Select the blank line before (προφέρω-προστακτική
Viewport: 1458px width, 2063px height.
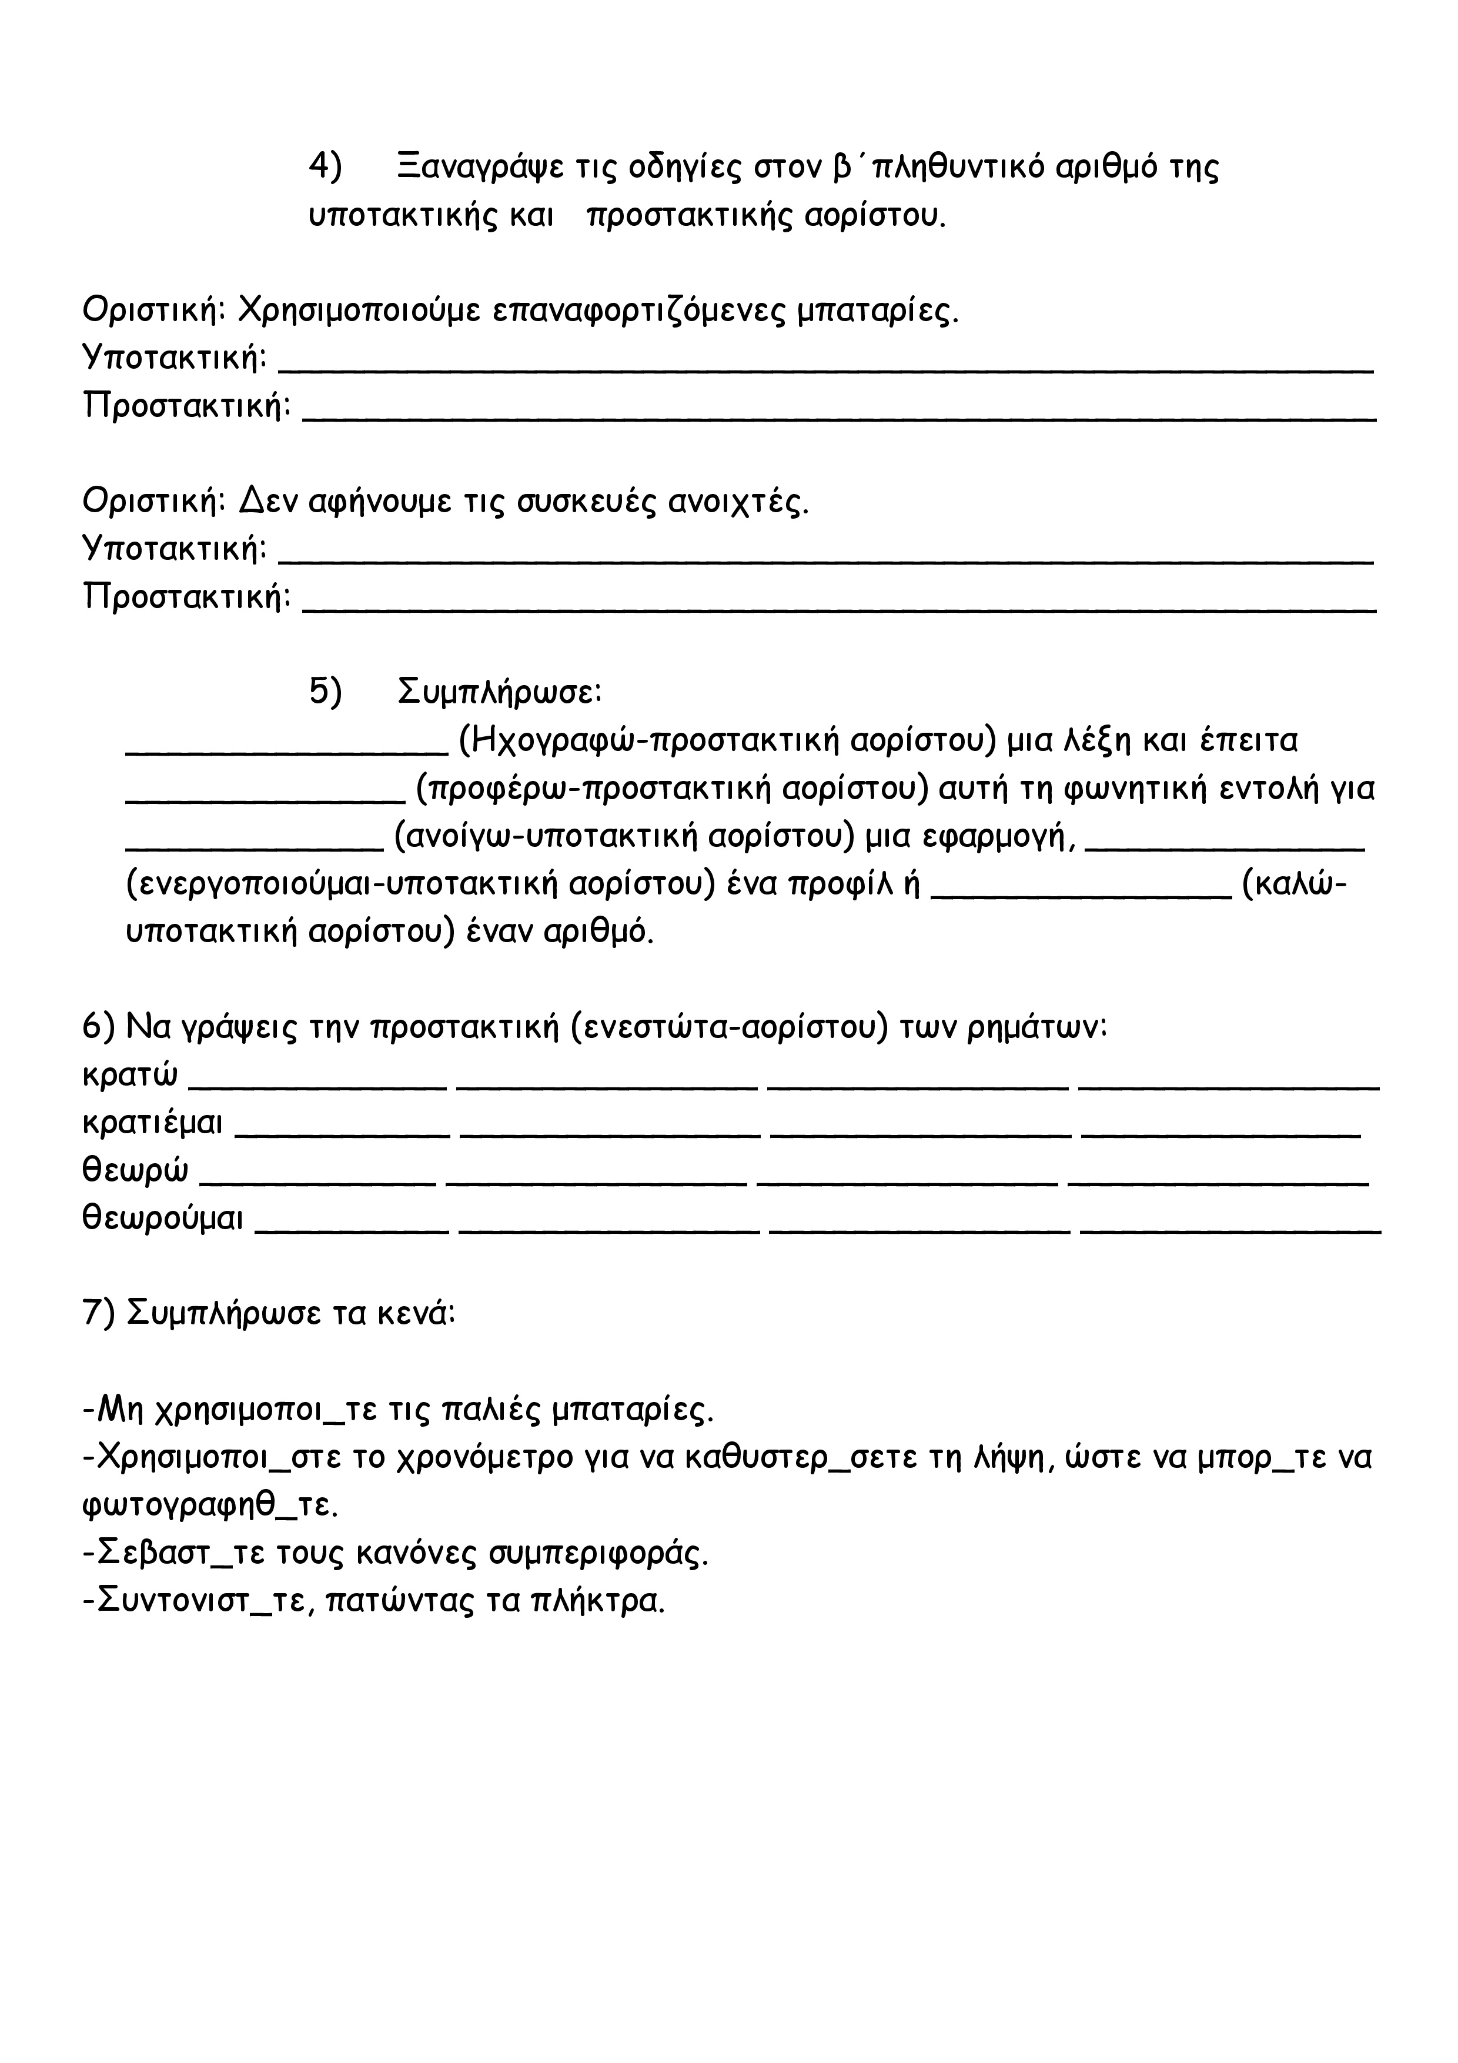pos(265,802)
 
